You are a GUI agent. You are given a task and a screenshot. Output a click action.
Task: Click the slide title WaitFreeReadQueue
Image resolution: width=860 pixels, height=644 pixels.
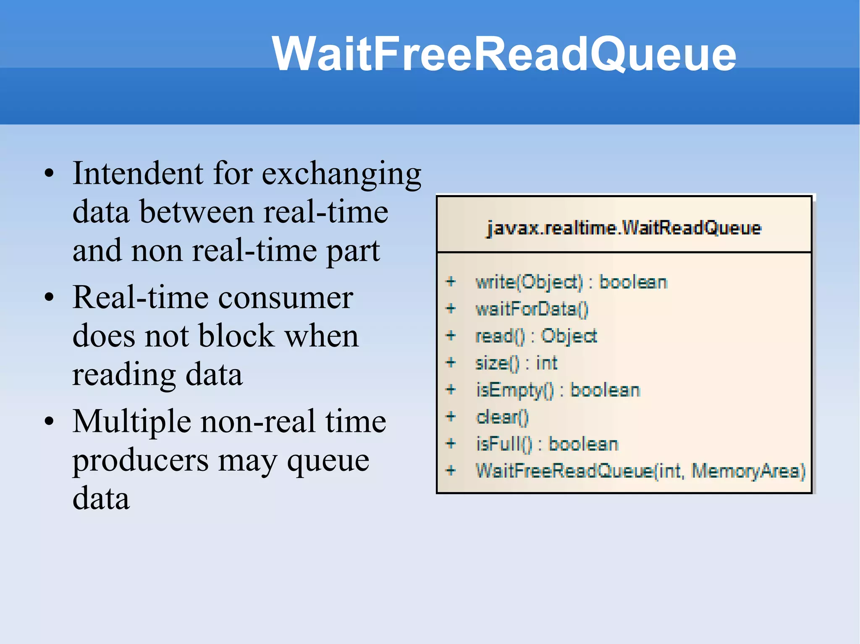tap(503, 54)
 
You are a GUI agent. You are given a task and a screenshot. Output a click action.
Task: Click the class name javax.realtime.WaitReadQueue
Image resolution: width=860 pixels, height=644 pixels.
tap(624, 228)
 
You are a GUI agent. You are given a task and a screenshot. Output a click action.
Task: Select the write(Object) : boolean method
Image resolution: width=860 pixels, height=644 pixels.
tap(571, 282)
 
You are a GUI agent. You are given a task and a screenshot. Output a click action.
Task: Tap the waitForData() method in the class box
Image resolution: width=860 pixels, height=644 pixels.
tap(532, 309)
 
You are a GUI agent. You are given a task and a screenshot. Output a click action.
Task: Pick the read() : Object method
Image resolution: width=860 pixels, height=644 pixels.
tap(536, 336)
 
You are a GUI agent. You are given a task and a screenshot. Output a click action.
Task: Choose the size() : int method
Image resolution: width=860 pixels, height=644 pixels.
tap(516, 363)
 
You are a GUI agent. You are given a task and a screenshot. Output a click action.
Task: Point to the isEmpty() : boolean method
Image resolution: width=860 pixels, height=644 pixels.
tap(558, 390)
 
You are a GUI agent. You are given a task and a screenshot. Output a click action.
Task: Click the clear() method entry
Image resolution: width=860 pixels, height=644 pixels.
tap(502, 417)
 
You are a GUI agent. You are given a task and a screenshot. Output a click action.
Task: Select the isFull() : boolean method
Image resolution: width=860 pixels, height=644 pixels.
tap(547, 444)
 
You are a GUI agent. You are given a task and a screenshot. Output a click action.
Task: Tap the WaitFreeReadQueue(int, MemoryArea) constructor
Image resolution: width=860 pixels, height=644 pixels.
tap(640, 471)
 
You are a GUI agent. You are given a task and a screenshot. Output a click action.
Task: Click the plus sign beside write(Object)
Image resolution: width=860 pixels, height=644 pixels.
tap(451, 282)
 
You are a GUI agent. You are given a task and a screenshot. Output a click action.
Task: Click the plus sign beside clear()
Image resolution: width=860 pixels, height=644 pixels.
tap(451, 416)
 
